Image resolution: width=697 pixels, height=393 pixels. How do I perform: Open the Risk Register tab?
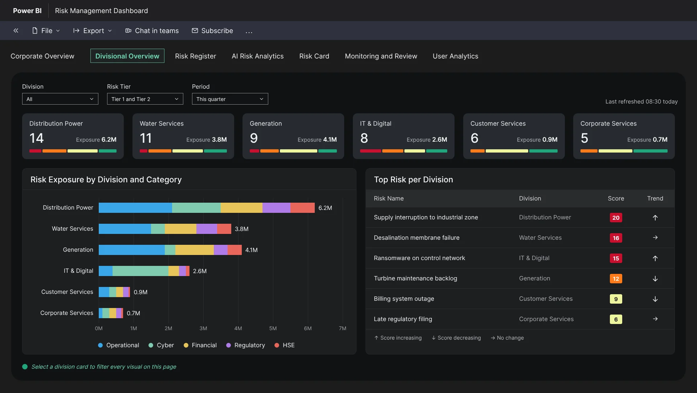pos(195,56)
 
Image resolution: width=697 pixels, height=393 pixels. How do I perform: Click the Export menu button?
pos(92,31)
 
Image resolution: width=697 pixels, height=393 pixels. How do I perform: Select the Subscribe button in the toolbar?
pos(212,31)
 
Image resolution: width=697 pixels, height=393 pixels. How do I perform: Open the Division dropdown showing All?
pos(60,99)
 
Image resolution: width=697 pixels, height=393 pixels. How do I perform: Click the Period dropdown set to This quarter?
pos(230,99)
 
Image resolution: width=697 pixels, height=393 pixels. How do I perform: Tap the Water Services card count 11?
pos(146,138)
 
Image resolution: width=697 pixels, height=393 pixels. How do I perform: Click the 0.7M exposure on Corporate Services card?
pos(660,139)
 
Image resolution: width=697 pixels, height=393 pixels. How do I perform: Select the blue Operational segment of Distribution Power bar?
pos(135,208)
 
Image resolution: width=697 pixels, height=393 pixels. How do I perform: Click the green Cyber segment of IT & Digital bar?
pos(140,271)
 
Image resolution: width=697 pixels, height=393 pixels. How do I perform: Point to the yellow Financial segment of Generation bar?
pos(195,250)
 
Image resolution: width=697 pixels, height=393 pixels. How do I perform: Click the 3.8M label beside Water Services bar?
pos(242,229)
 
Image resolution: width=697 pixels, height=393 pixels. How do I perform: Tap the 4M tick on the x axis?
pos(238,328)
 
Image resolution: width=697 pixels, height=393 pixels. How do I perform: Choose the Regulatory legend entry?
pos(246,345)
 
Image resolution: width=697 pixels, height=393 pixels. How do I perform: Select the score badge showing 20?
pos(616,218)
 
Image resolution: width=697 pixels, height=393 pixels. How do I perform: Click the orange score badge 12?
pos(616,279)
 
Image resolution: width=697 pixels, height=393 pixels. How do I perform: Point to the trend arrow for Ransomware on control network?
pos(655,258)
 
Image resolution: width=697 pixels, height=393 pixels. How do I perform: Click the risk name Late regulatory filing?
pos(403,319)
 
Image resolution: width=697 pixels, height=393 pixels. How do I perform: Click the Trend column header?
pos(655,198)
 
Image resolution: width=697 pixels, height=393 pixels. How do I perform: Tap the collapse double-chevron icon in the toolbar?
pos(16,31)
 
